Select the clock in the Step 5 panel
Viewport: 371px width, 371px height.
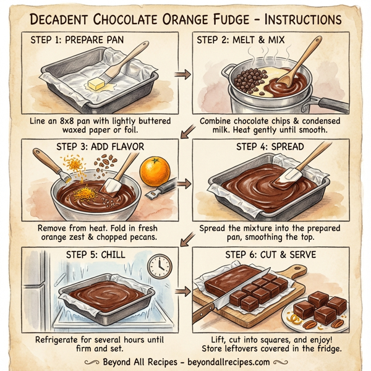pyautogui.click(x=159, y=266)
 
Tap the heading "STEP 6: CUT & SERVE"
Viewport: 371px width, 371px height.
pyautogui.click(x=270, y=255)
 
